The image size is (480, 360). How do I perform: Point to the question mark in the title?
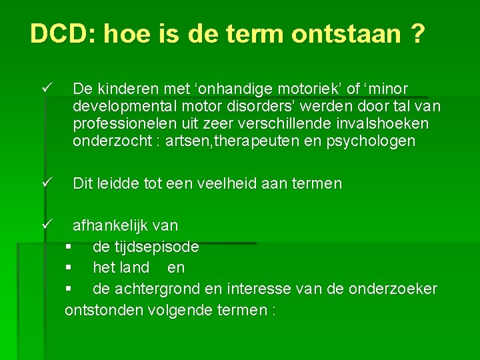point(417,33)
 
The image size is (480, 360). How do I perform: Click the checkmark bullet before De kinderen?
point(45,88)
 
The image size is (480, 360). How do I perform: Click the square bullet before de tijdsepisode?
point(68,247)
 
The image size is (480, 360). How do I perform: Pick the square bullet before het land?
point(68,268)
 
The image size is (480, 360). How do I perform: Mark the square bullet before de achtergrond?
point(68,289)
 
